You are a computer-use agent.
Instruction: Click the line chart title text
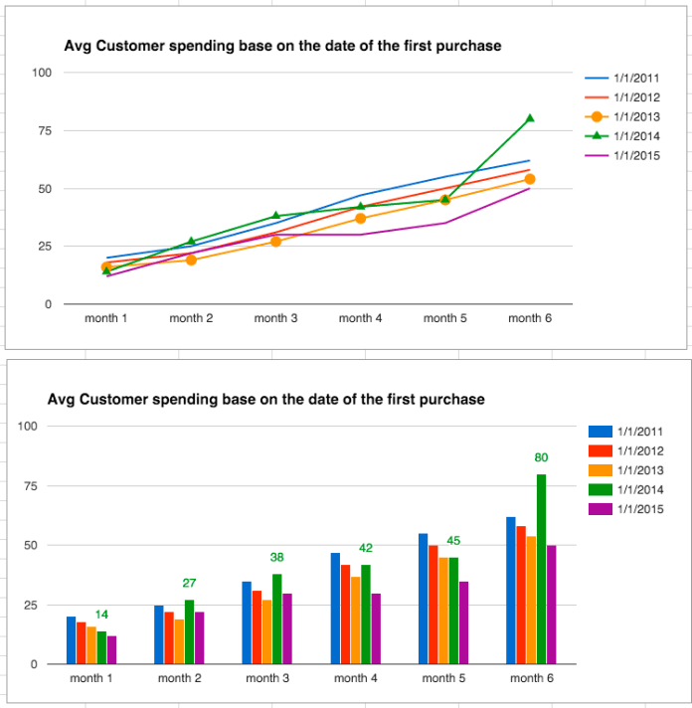pyautogui.click(x=282, y=46)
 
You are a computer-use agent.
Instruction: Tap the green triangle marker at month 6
pyautogui.click(x=530, y=118)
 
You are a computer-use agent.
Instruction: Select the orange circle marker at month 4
pyautogui.click(x=361, y=219)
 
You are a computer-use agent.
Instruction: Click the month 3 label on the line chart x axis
pyautogui.click(x=275, y=318)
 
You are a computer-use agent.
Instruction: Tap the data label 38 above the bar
pyautogui.click(x=276, y=558)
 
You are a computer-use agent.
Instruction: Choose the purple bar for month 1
pyautogui.click(x=111, y=649)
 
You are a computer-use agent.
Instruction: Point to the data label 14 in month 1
pyautogui.click(x=101, y=615)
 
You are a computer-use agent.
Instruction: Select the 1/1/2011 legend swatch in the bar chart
pyautogui.click(x=600, y=432)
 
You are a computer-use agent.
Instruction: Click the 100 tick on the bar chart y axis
pyautogui.click(x=28, y=427)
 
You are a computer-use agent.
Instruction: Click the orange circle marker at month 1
pyautogui.click(x=106, y=267)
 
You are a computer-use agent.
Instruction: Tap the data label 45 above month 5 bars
pyautogui.click(x=452, y=541)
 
